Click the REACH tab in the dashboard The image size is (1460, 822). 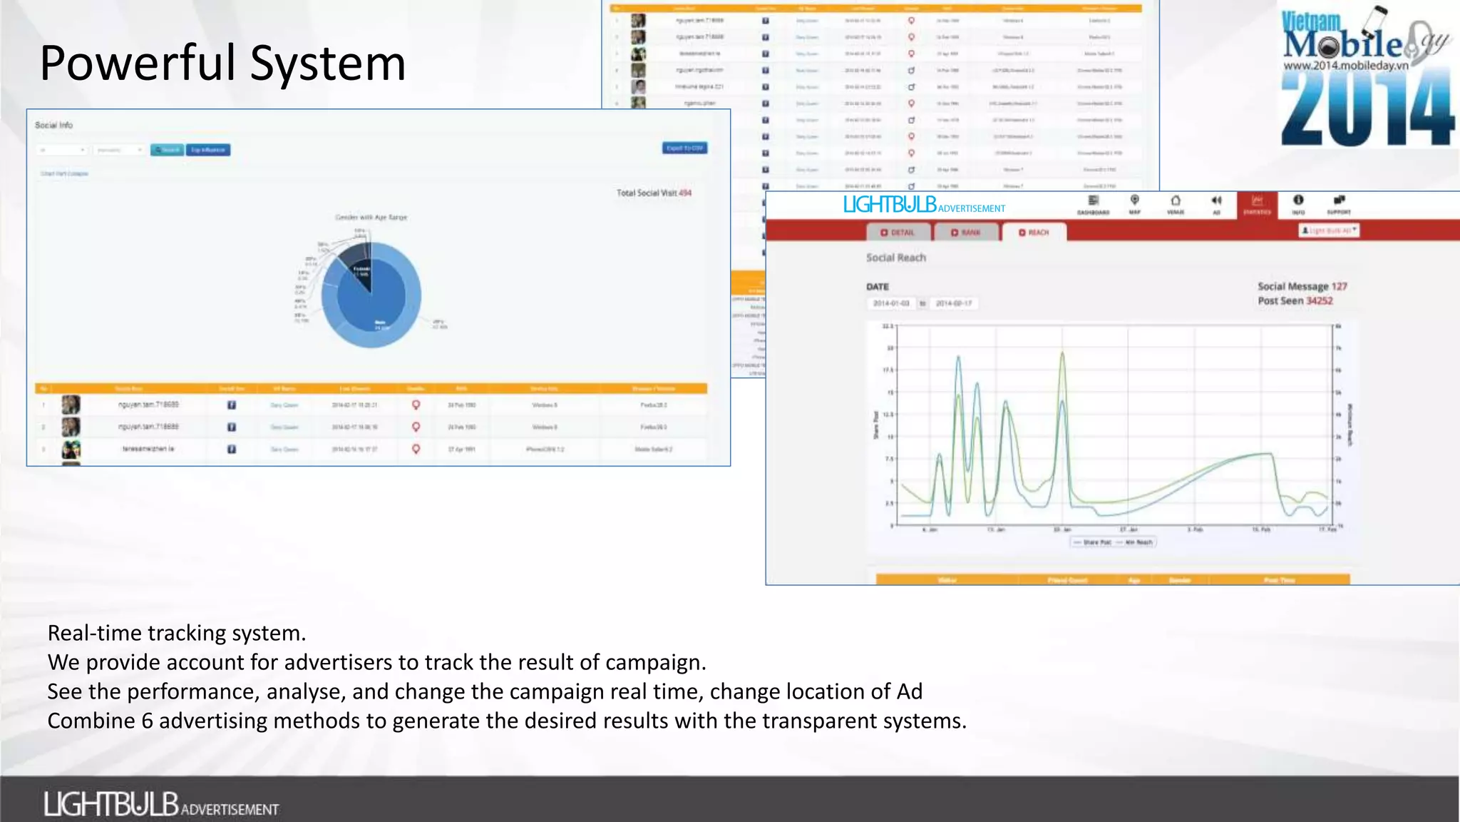1034,233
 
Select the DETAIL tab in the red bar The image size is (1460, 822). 898,233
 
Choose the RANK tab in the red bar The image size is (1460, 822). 966,233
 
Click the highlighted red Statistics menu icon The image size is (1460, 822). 1257,204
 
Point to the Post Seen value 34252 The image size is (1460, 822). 1319,301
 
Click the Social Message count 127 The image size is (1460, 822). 1339,287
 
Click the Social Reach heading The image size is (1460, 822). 895,258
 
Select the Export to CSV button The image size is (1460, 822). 684,148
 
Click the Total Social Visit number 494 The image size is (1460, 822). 685,193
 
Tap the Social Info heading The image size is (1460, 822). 53,125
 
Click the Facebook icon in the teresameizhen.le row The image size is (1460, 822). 232,450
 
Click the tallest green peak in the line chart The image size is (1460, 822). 1062,352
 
